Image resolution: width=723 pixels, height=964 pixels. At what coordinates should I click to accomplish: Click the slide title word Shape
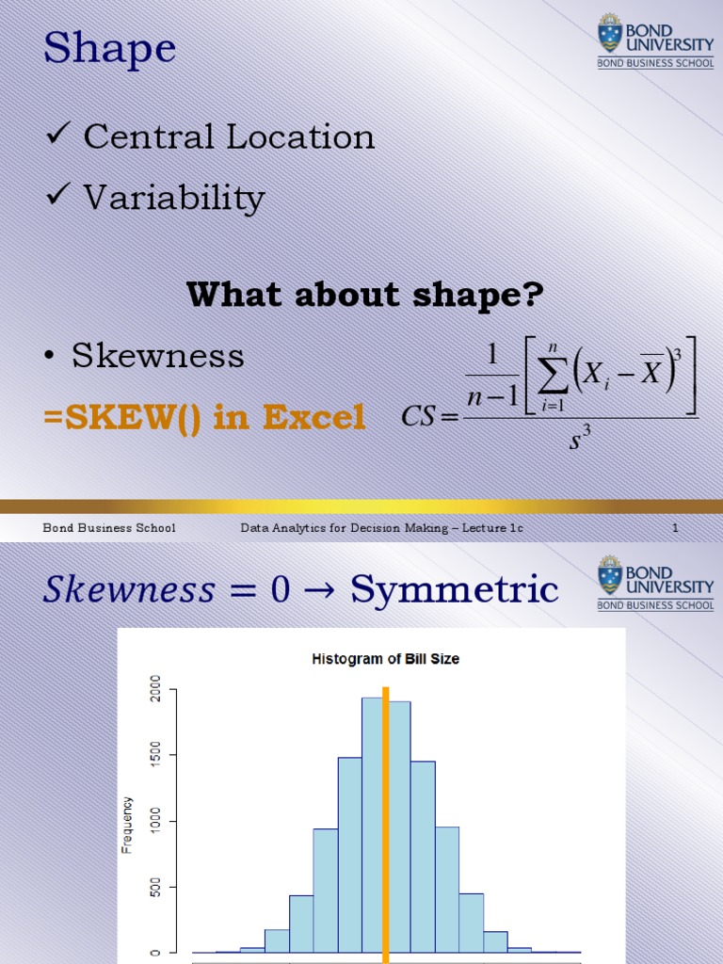coord(110,49)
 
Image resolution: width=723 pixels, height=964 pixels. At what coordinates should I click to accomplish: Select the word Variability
coord(174,198)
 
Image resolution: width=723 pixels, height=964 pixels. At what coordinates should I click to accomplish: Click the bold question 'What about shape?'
coord(365,295)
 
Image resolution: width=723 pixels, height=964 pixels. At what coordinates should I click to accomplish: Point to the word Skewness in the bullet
coord(158,356)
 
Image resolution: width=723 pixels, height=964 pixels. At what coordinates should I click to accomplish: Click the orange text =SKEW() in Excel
coord(204,417)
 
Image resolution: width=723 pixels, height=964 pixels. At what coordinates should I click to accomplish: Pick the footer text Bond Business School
coord(109,528)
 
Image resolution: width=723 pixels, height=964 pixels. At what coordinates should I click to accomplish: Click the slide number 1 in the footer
coord(675,528)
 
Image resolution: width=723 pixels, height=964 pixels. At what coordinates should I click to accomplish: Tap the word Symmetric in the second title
coord(454,590)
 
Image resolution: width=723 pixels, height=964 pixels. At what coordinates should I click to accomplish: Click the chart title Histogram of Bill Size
coord(386,659)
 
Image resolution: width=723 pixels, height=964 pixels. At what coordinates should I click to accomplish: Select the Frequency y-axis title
coord(128,826)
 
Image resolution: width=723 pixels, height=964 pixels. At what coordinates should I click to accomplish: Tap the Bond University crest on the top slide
coord(610,34)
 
